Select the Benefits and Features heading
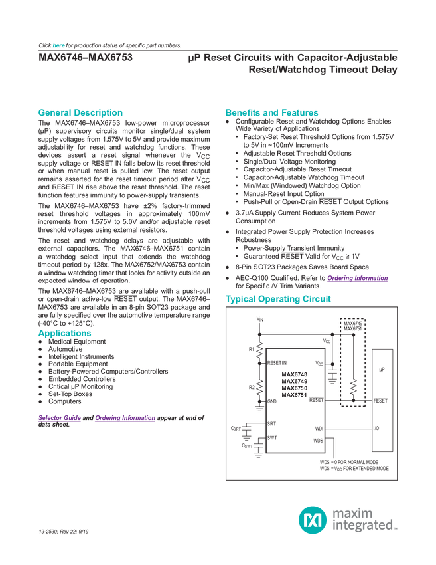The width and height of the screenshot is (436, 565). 272,112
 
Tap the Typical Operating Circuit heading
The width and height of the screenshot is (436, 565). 279,298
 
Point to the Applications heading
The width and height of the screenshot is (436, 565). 65,333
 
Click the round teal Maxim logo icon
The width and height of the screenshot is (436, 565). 311,517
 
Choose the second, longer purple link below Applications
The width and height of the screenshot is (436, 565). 125,418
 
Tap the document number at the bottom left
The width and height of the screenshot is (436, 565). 64,531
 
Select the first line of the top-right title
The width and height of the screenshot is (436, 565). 292,58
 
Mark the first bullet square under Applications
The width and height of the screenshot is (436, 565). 40,343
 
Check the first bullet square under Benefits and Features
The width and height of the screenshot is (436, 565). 228,122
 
